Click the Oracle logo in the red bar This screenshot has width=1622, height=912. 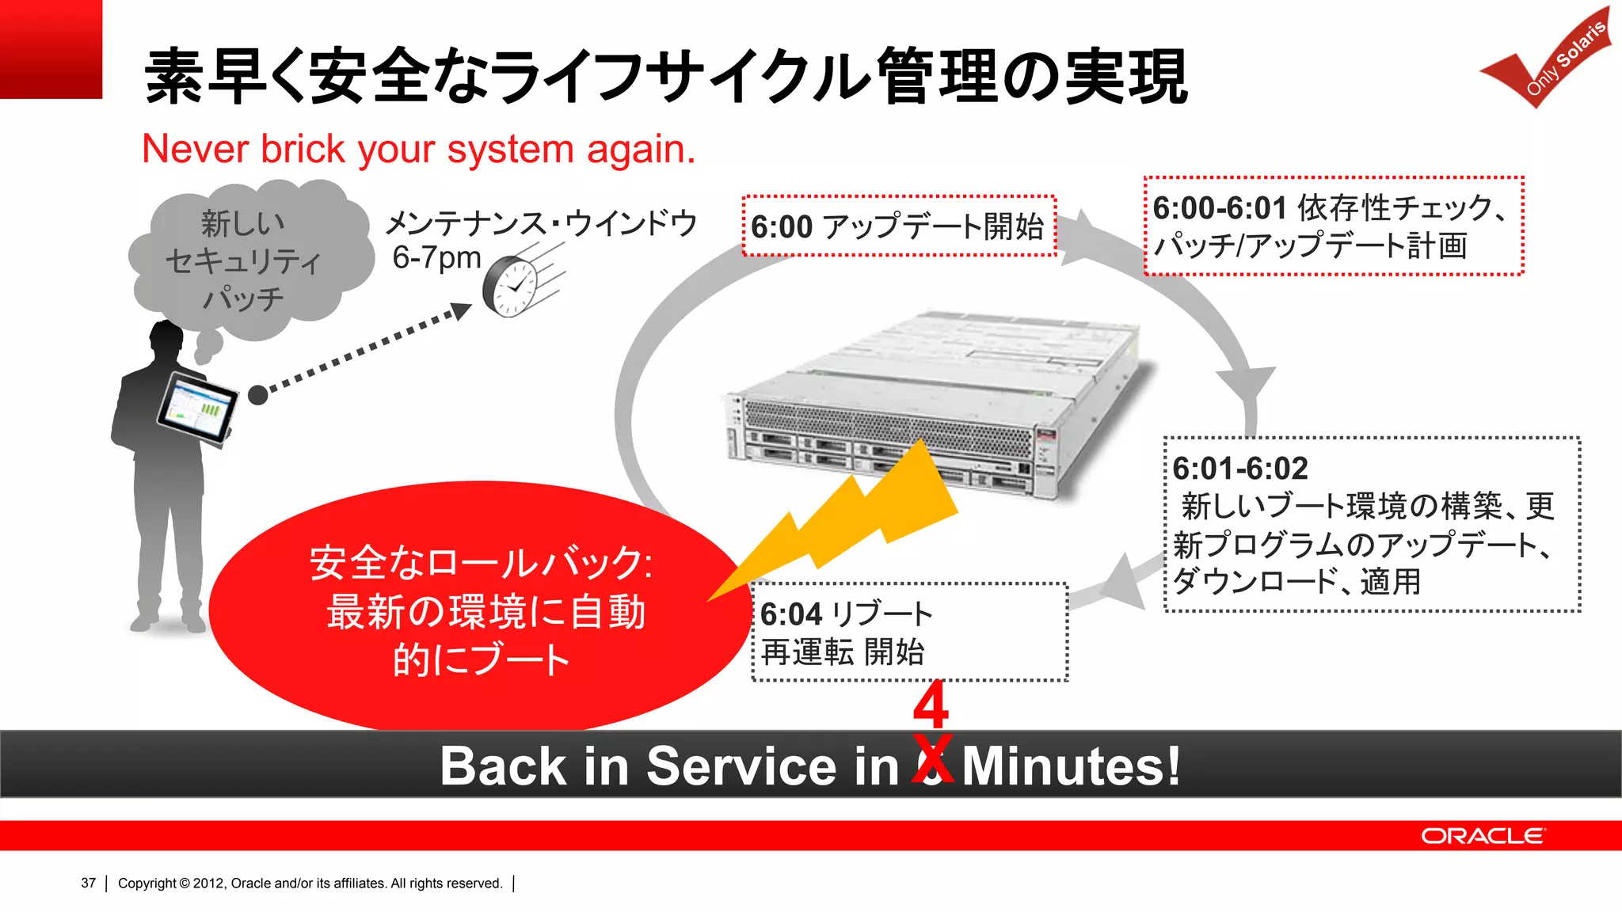[x=1482, y=836]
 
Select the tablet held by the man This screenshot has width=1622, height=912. [x=197, y=408]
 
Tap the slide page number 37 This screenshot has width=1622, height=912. [x=88, y=883]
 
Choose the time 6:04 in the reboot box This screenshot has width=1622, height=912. [x=790, y=614]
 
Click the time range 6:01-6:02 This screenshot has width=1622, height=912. [x=1239, y=469]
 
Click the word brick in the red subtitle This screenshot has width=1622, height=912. [x=303, y=149]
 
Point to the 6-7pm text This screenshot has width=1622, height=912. [x=436, y=257]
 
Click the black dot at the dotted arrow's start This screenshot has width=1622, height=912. [x=257, y=394]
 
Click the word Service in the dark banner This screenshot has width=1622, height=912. [x=741, y=766]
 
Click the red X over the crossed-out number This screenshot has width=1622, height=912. [x=932, y=758]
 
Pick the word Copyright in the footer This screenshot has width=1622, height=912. [x=147, y=883]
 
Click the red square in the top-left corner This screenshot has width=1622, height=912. [x=51, y=49]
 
